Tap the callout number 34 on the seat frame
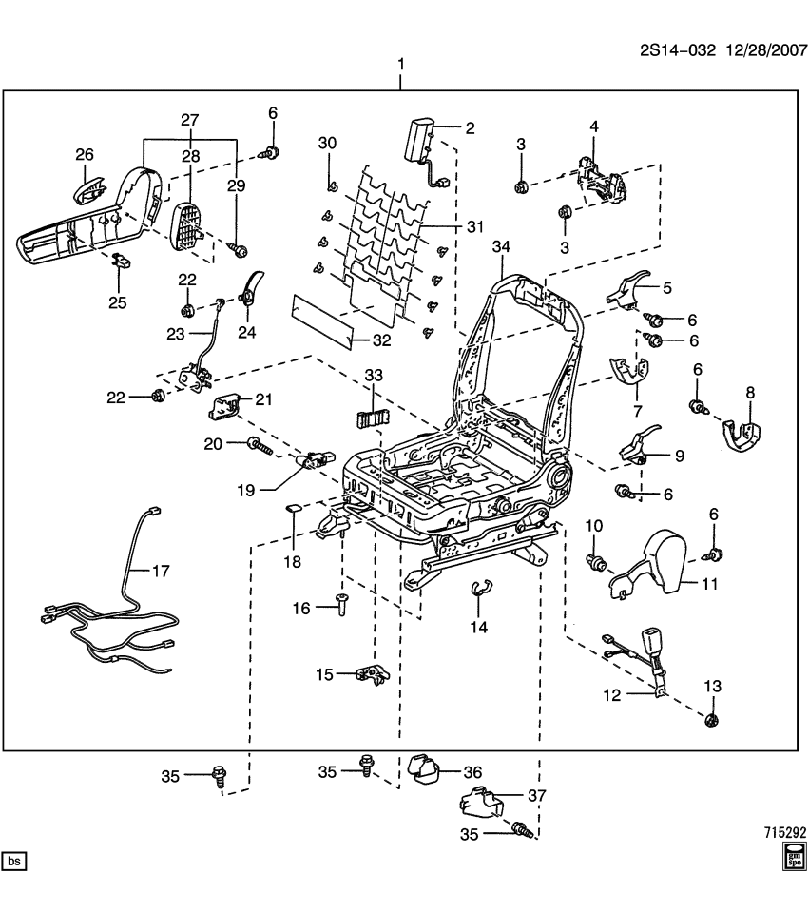click(x=502, y=247)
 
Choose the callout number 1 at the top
click(x=400, y=64)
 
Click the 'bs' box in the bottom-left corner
click(x=14, y=862)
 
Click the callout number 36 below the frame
click(x=472, y=772)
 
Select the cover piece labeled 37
click(x=475, y=805)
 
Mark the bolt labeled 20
click(x=259, y=443)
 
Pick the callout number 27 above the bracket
click(x=190, y=120)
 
